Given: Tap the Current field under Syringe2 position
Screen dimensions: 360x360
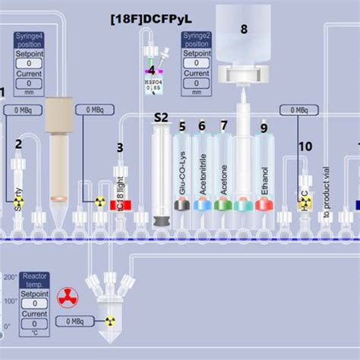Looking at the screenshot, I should tap(196, 84).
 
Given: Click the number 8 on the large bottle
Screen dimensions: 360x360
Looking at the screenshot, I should tap(244, 30).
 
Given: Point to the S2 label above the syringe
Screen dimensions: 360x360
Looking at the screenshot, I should tap(161, 118).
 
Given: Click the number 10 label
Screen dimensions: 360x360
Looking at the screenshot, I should tap(305, 145).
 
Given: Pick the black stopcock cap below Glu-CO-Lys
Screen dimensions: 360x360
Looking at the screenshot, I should tap(182, 204).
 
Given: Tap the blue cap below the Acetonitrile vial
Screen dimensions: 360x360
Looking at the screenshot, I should tap(202, 204).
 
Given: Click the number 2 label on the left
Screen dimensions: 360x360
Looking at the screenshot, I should tap(19, 143).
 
